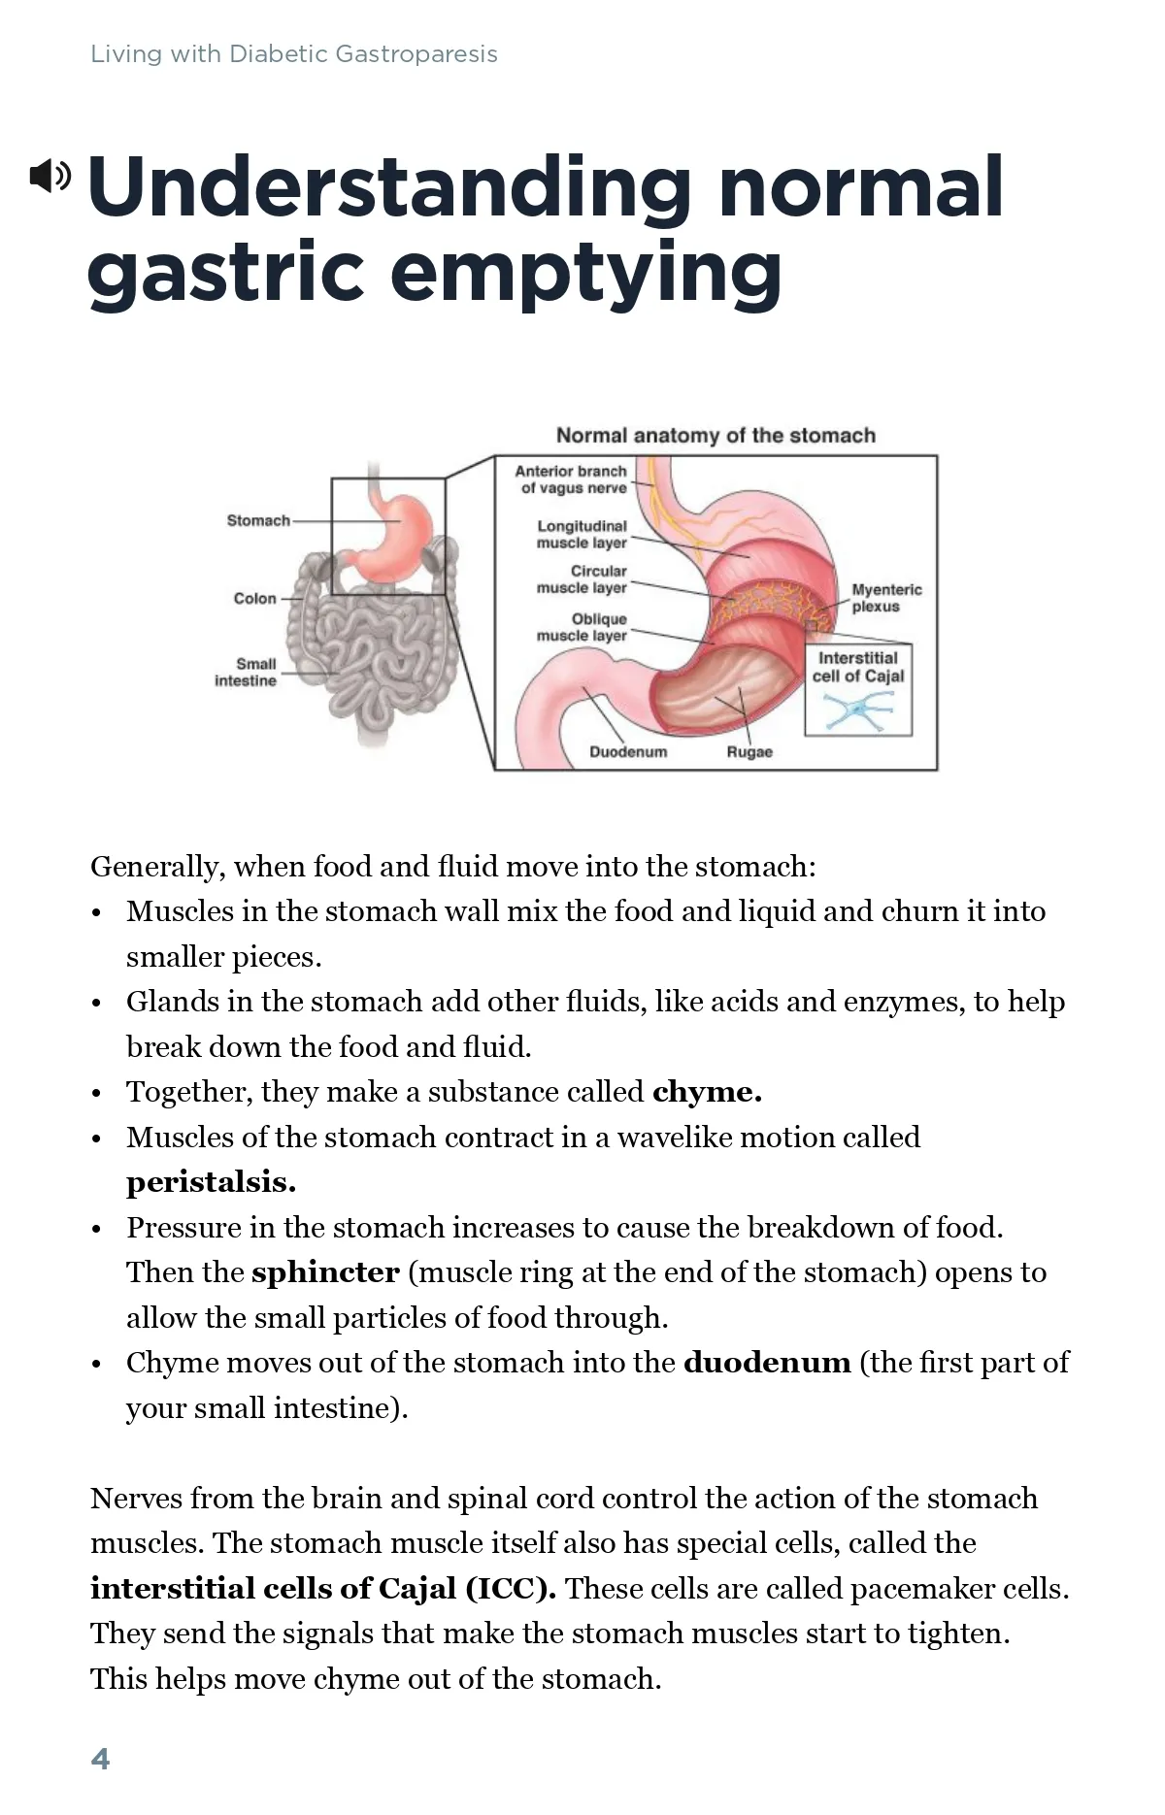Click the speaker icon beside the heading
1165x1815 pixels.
point(50,176)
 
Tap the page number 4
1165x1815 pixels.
point(100,1758)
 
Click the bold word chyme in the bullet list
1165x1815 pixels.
point(706,1092)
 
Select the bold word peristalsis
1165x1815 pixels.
point(210,1182)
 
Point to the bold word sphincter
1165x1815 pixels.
point(325,1272)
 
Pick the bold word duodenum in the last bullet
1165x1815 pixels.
point(767,1363)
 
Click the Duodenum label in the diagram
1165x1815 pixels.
point(628,752)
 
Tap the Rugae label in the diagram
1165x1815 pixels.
point(749,752)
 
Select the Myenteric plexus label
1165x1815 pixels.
point(885,598)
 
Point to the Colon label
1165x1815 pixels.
point(254,599)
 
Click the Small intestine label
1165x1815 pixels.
point(247,673)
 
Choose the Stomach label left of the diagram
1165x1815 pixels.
point(258,521)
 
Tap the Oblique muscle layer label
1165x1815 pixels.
point(582,627)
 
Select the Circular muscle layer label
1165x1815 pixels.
point(582,579)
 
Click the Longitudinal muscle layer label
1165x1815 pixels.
point(582,534)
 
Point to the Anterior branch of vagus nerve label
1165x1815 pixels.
point(572,479)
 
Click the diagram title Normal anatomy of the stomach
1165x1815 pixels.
point(716,436)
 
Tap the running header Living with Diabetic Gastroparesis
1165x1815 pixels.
point(293,54)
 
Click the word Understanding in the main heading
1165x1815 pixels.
point(388,188)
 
